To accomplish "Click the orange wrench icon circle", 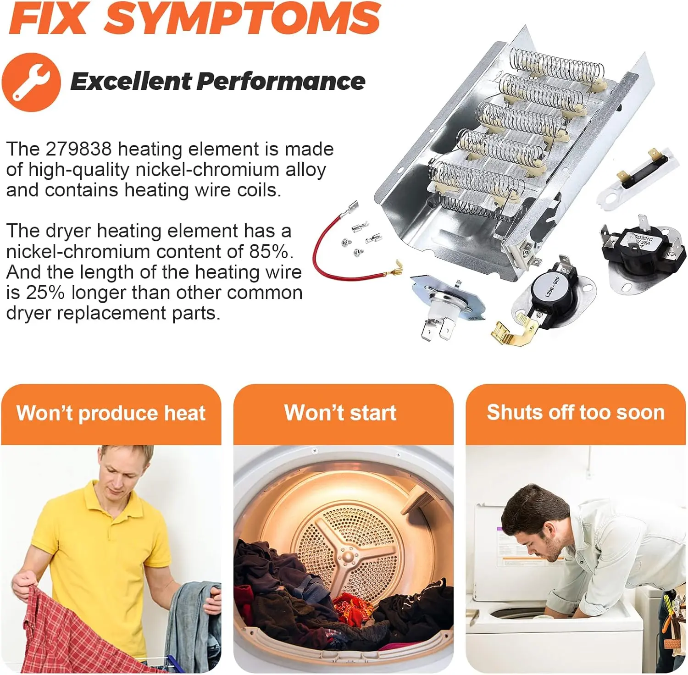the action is (31, 83).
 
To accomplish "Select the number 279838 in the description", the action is (79, 149).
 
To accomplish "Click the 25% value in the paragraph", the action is (45, 293).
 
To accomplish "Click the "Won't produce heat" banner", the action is (111, 414).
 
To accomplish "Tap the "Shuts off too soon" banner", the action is (576, 414).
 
